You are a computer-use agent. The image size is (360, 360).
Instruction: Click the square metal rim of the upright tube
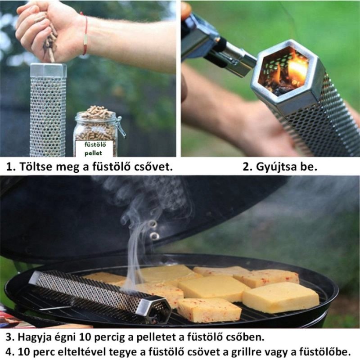coord(48,70)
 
